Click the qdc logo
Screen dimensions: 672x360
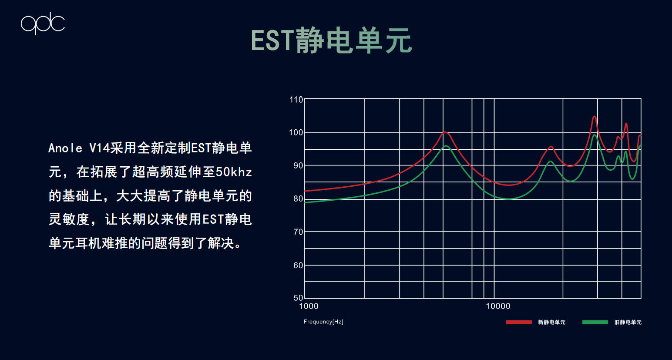(43, 24)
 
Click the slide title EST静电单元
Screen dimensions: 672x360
(332, 40)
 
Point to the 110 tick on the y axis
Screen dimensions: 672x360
(296, 100)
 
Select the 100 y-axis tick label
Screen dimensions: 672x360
(296, 132)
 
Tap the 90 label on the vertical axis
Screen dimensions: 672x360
(298, 165)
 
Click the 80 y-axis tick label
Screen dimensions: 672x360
(298, 199)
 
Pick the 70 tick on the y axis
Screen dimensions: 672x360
(298, 232)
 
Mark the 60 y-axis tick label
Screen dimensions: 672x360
(298, 265)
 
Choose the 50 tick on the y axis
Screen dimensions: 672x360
(298, 298)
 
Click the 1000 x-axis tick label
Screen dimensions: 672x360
(309, 306)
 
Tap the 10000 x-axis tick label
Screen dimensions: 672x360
(498, 306)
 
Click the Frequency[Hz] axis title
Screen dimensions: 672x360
(323, 322)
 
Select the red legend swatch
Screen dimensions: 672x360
(519, 322)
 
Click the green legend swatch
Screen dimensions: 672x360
(595, 322)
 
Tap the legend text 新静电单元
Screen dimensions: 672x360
(552, 322)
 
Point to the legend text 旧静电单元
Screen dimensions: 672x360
(628, 322)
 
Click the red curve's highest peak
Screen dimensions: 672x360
(594, 116)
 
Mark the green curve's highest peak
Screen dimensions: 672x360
(595, 135)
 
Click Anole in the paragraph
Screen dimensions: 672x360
(65, 148)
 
